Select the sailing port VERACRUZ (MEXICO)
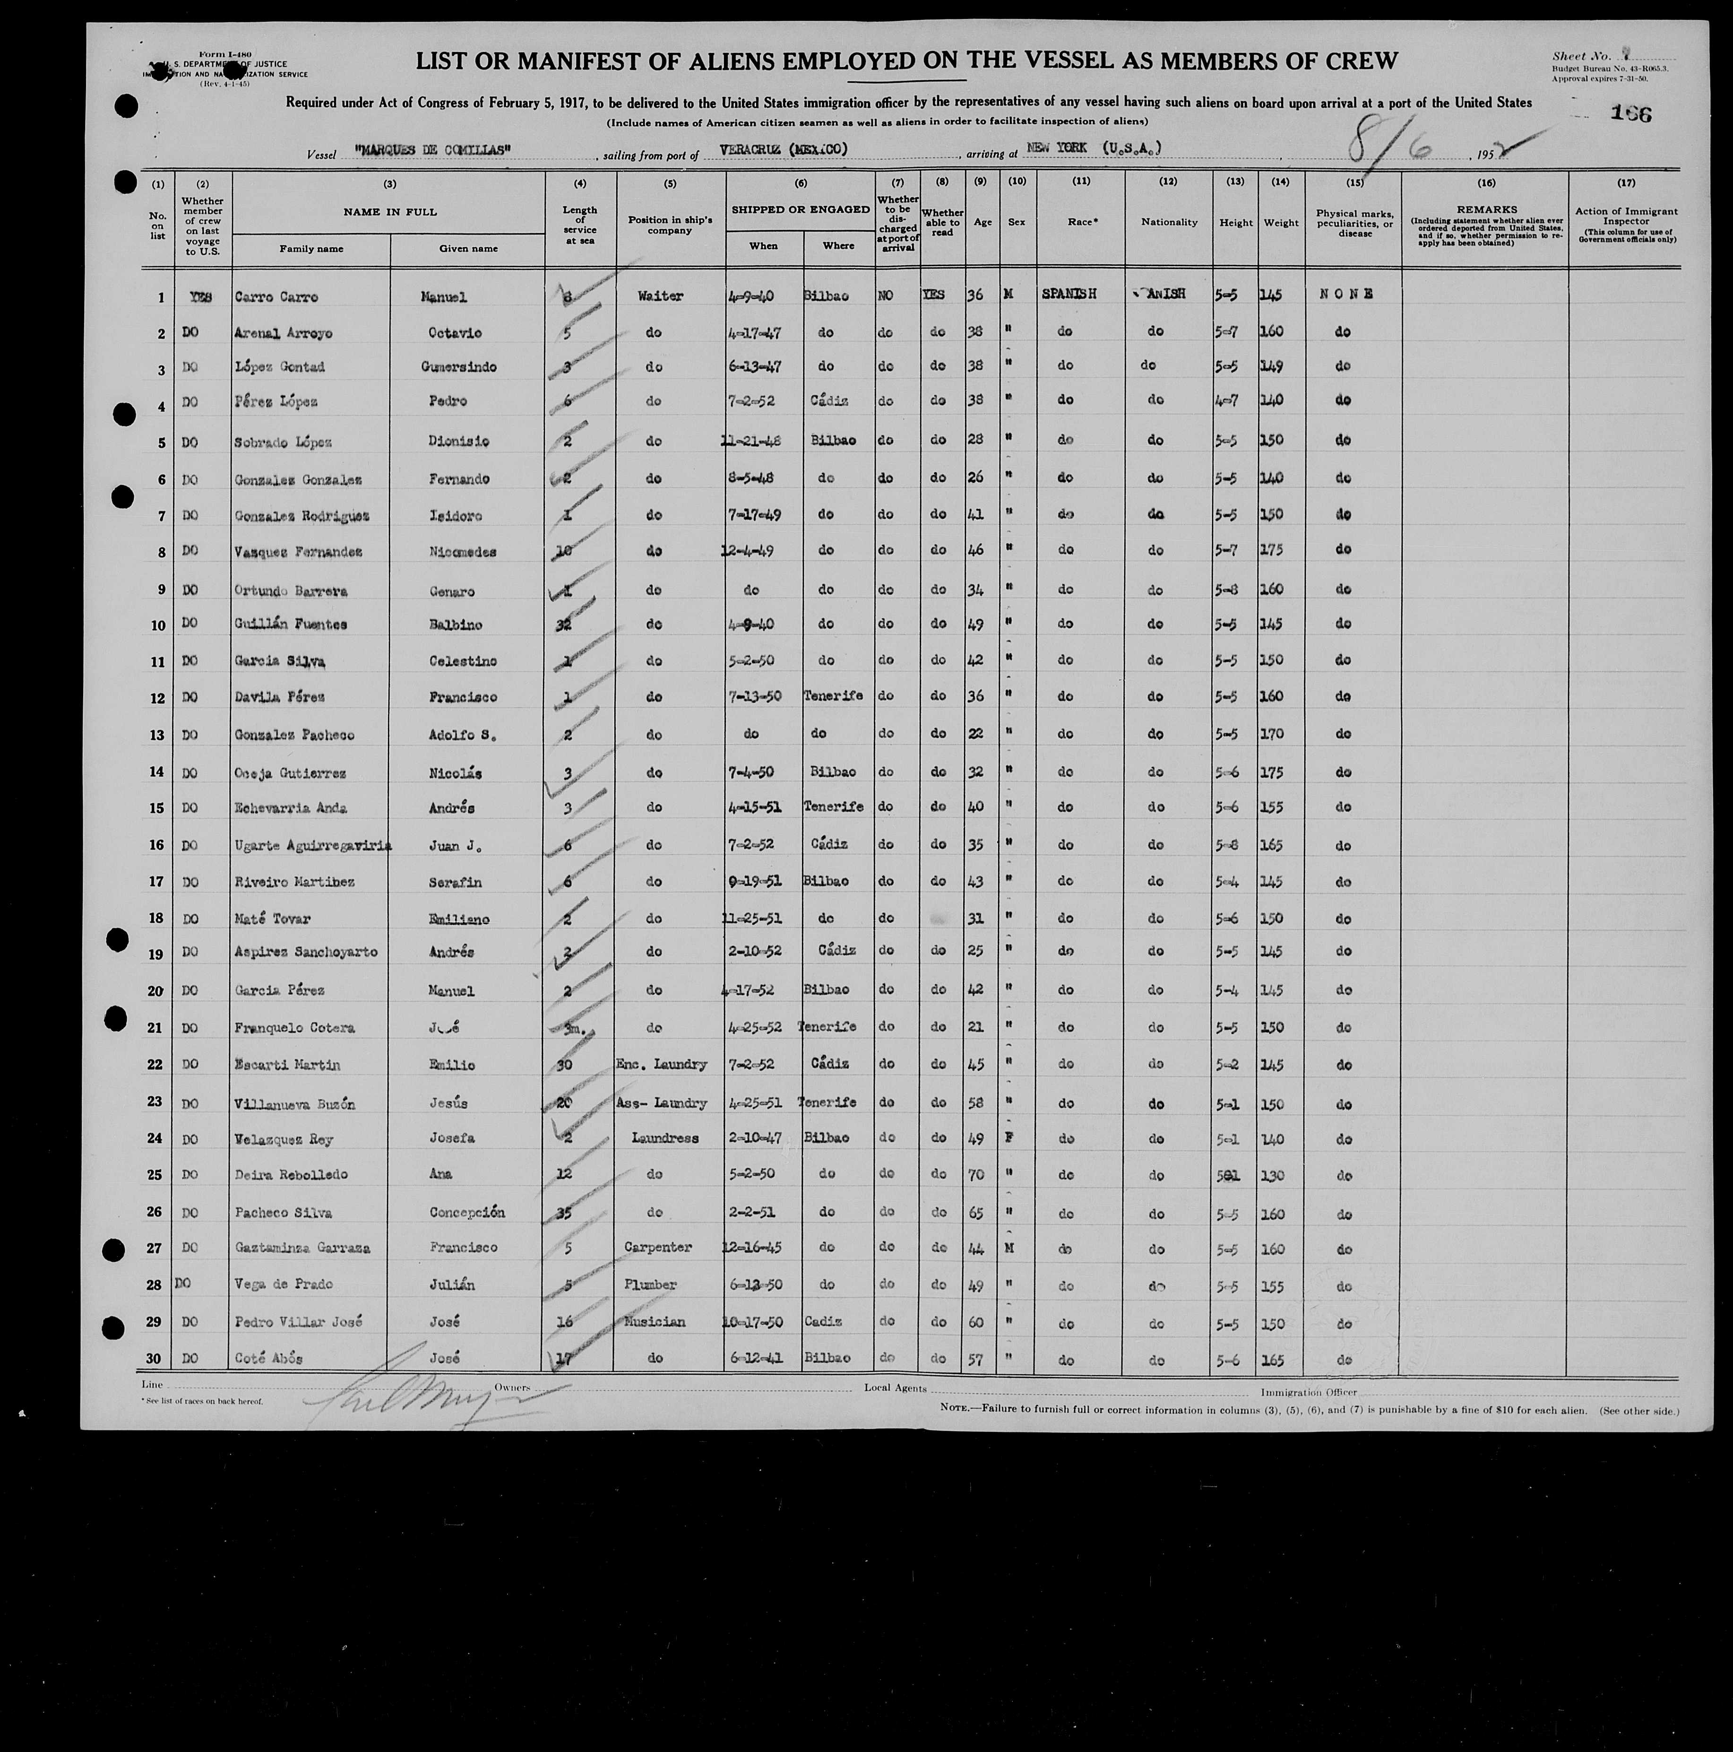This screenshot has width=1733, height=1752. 784,149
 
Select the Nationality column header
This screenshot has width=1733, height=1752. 1168,222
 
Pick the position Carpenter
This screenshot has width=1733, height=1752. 658,1247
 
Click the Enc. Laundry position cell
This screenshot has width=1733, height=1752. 661,1065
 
